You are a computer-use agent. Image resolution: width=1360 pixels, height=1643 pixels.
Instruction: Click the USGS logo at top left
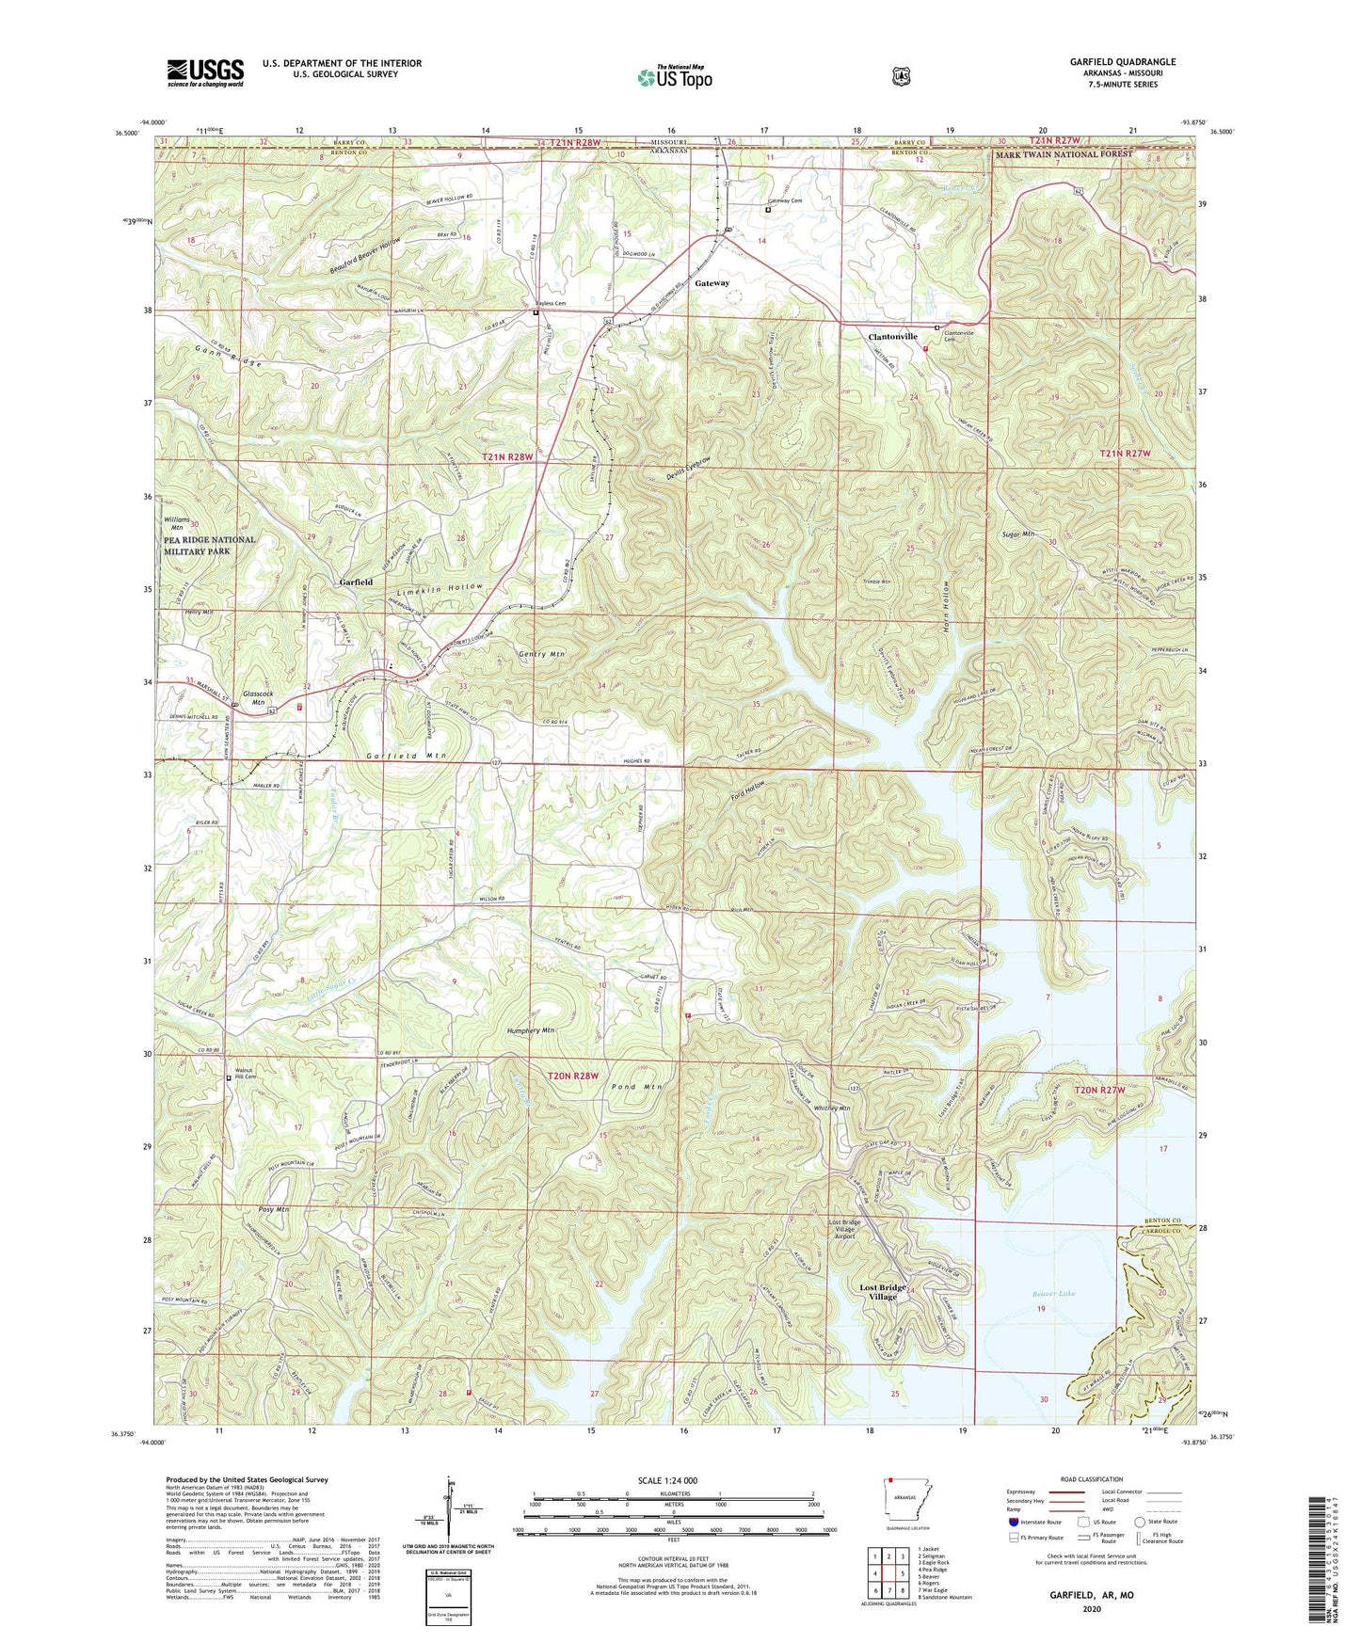[x=205, y=72]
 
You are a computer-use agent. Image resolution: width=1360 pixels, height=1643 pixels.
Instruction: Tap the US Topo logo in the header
[x=673, y=77]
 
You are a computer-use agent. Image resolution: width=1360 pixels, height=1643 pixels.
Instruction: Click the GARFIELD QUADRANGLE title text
[x=1122, y=62]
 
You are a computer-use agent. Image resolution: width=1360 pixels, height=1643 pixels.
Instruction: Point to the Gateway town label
[x=712, y=282]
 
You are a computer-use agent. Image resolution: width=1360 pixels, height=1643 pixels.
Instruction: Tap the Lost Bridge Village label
[x=882, y=1291]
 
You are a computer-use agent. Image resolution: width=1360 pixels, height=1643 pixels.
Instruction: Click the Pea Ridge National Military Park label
[x=209, y=546]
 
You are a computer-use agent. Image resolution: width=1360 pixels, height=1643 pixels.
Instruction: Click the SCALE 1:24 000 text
[x=667, y=1480]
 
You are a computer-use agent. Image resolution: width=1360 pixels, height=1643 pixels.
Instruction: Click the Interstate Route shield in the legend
[x=1013, y=1522]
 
